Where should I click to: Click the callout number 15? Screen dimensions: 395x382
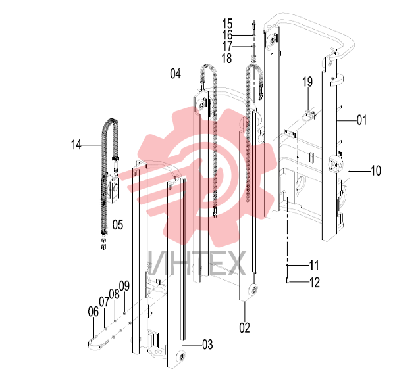[x=227, y=24]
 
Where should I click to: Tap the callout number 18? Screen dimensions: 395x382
[x=226, y=59]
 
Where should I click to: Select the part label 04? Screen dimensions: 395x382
[x=175, y=74]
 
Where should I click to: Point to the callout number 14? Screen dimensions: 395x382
[x=76, y=145]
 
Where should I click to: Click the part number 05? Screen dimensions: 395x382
[x=118, y=224]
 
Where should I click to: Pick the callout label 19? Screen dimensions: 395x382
[x=307, y=82]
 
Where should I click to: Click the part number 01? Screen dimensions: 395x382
[x=361, y=120]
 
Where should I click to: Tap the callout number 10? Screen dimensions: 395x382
[x=376, y=171]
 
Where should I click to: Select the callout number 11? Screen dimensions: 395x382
[x=314, y=265]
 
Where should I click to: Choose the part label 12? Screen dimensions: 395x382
[x=315, y=282]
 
